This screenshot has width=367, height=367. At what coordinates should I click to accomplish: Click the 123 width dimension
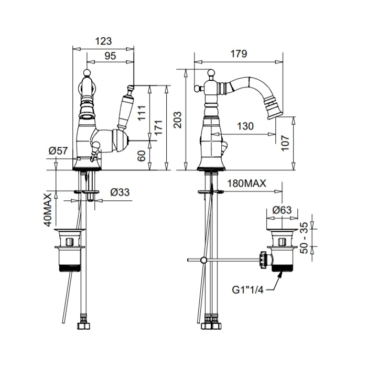pos(103,40)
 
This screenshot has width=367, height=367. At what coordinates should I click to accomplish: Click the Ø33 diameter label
pos(120,192)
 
